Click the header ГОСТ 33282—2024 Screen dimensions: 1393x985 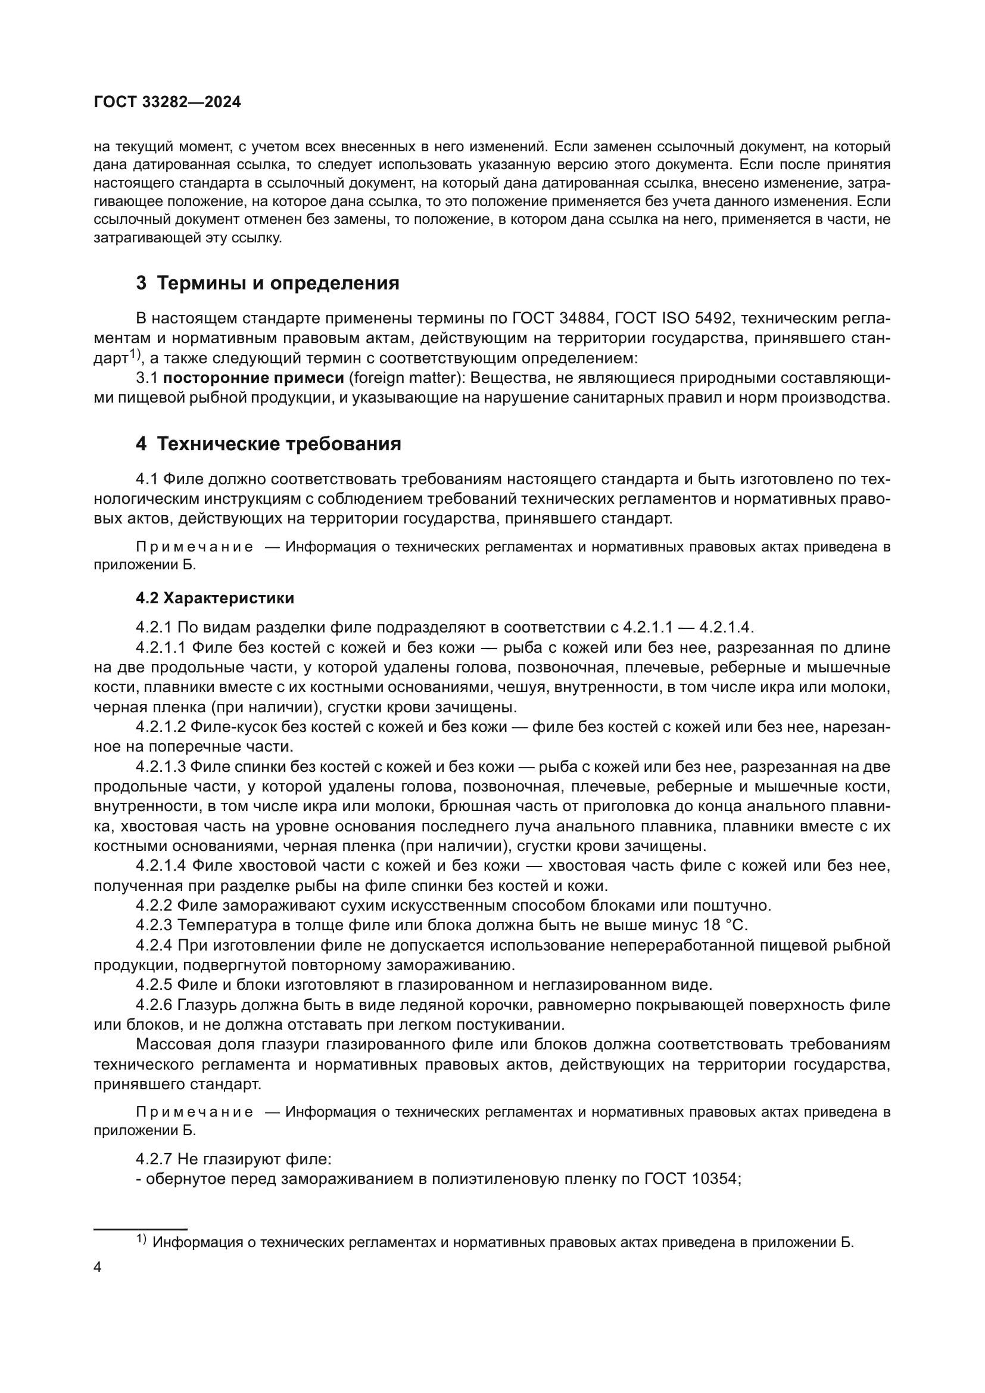tap(167, 102)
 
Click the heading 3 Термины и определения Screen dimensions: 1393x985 tap(267, 283)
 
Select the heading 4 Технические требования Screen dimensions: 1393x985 tap(268, 444)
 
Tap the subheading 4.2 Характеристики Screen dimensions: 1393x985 tap(215, 598)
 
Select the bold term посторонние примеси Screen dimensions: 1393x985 tap(254, 378)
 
